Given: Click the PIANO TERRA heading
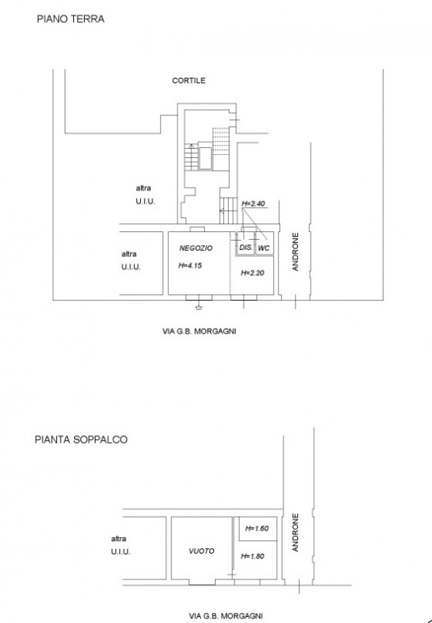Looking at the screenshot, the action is pos(71,19).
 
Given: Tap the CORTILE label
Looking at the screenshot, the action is pos(188,80).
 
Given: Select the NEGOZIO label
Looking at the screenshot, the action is pos(195,248).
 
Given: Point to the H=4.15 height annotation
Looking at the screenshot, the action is pos(190,266).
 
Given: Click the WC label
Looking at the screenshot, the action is pos(264,248).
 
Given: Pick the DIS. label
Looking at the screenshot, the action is pos(246,247).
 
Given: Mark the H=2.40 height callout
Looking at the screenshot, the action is pos(253,203).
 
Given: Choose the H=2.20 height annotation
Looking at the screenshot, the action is pos(252,273).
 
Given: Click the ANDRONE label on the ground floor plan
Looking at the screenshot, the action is pos(296,252).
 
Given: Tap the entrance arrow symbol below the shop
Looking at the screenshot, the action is pos(199,307).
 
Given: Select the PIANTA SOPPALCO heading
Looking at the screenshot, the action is pos(81,439).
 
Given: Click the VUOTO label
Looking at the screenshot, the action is pos(202,551).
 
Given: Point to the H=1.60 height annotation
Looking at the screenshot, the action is pos(257,529).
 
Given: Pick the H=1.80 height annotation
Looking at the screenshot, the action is pos(252,556).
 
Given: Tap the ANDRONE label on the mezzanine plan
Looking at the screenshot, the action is pos(296,533).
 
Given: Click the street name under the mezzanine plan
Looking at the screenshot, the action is pos(226,616).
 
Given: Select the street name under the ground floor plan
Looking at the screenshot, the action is pos(199,331).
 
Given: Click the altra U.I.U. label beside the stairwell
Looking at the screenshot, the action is pos(146,195).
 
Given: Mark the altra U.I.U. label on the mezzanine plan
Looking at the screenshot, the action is pos(121,545).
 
